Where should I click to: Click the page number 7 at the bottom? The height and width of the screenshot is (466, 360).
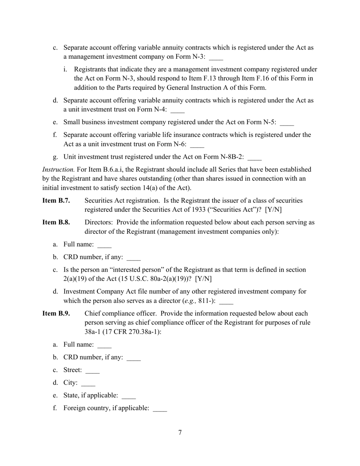(x=180, y=433)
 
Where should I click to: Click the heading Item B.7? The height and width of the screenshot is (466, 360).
(x=56, y=200)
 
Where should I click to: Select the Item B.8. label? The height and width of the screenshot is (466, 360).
(x=56, y=222)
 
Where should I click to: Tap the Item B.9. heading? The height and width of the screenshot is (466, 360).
(x=56, y=314)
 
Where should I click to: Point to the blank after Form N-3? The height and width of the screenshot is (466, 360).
(x=216, y=58)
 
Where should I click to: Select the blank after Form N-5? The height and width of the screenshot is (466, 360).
(x=287, y=123)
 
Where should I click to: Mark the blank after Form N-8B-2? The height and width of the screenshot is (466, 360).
(x=254, y=158)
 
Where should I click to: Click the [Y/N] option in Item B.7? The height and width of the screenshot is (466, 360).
(x=273, y=210)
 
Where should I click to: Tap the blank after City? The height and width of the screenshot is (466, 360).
(x=88, y=383)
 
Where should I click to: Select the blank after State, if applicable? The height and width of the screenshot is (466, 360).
(x=129, y=396)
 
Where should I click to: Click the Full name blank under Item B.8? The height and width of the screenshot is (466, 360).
(x=104, y=245)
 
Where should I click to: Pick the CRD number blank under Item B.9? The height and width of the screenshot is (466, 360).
(x=133, y=358)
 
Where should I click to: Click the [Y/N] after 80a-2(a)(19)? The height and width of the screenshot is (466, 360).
(x=203, y=279)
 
